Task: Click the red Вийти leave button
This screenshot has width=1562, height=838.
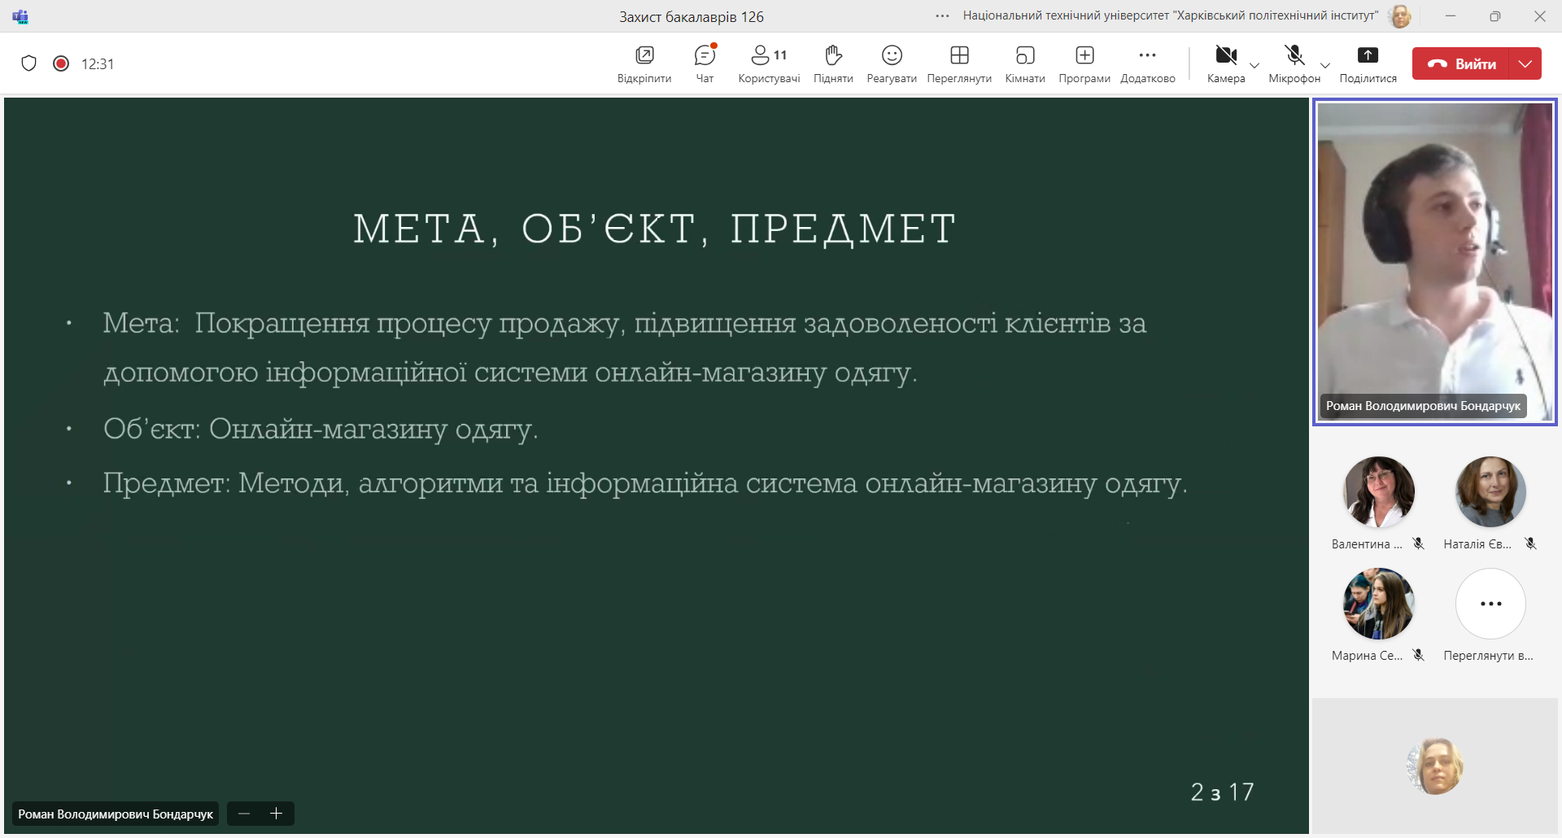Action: pos(1461,63)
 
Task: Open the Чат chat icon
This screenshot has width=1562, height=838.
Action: pos(705,55)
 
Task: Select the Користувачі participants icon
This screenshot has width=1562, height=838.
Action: pos(760,55)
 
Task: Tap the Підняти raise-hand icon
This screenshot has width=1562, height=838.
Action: pos(833,55)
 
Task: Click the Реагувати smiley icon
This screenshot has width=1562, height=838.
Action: pos(892,55)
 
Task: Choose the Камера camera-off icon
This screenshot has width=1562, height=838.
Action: pos(1226,55)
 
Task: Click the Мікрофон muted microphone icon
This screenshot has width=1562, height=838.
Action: pos(1294,55)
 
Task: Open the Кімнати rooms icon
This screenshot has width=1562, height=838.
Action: pos(1025,55)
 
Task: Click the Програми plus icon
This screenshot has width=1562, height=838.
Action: pos(1084,55)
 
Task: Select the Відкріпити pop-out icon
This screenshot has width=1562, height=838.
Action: pos(644,55)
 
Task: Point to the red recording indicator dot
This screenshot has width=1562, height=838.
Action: pos(61,63)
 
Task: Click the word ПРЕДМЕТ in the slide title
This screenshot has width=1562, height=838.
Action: pos(843,229)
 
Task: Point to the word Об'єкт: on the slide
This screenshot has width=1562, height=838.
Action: pos(152,428)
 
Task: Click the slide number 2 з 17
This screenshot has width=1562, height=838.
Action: pos(1222,792)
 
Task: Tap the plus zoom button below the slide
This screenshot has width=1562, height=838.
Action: pos(276,814)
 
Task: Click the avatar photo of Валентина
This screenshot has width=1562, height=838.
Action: pos(1379,491)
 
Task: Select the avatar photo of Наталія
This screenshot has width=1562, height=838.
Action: pos(1490,491)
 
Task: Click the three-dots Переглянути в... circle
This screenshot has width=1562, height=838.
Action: pos(1490,604)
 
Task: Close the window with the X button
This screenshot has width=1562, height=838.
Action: pos(1539,16)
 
